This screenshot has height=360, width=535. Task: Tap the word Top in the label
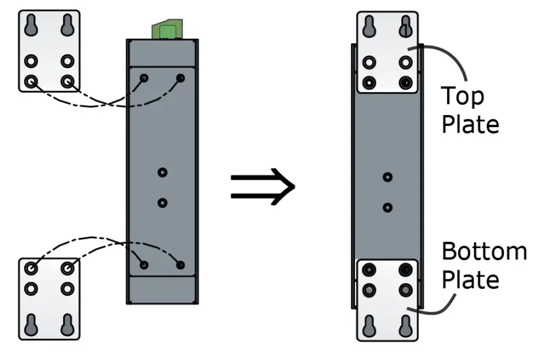tap(462, 96)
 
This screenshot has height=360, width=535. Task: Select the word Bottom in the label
tap(484, 252)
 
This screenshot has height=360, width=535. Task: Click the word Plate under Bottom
tap(470, 279)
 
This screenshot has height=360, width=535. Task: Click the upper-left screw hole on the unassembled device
tap(144, 78)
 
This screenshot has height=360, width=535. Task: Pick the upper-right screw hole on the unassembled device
tap(181, 78)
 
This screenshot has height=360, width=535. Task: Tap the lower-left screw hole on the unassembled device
tap(144, 265)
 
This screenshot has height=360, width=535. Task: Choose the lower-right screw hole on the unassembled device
tap(181, 265)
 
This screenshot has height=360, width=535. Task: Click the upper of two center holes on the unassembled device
tap(163, 172)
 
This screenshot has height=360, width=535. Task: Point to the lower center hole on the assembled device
tap(387, 207)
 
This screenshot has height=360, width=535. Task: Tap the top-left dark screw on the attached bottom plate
tap(369, 270)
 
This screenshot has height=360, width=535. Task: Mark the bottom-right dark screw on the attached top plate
tap(405, 83)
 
